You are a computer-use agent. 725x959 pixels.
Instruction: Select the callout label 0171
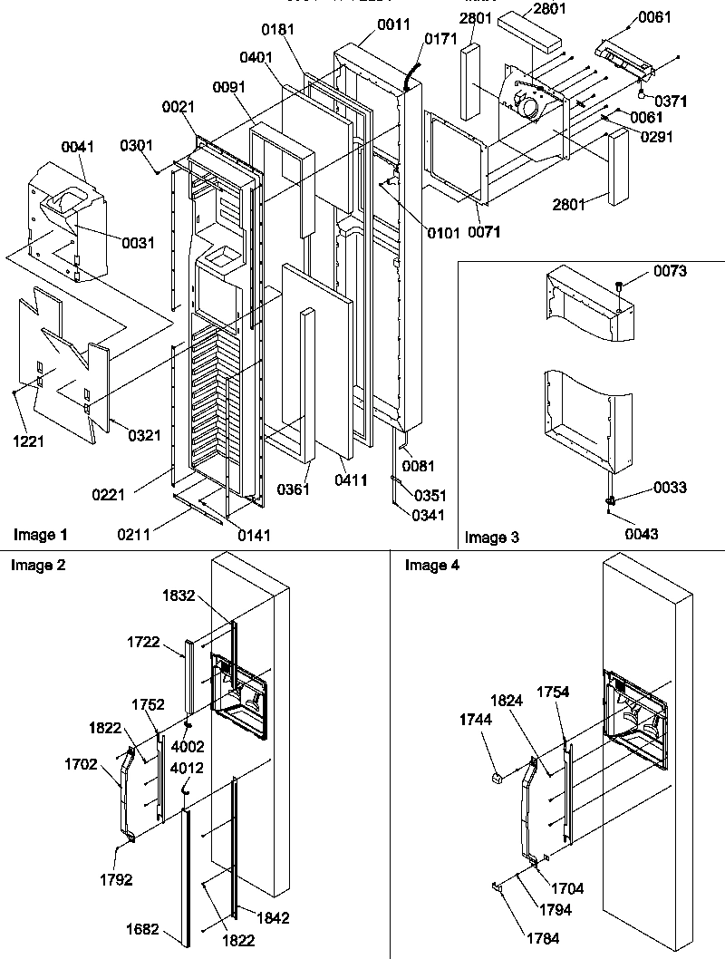[441, 39]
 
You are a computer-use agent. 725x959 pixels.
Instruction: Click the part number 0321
[143, 435]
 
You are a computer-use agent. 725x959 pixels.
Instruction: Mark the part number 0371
[671, 102]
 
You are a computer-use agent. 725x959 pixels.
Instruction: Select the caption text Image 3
[492, 538]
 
